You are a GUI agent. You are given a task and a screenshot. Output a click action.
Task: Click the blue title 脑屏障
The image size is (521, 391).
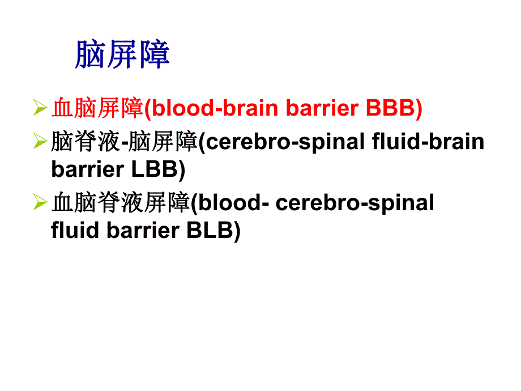(x=122, y=54)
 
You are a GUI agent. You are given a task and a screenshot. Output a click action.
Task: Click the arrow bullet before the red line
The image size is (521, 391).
(x=40, y=107)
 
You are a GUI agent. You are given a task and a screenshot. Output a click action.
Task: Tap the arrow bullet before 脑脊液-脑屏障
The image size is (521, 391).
(x=40, y=141)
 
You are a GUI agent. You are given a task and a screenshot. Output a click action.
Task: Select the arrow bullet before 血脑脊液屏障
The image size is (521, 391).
(x=40, y=201)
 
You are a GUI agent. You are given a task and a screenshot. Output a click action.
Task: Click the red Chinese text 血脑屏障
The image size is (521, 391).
(x=97, y=108)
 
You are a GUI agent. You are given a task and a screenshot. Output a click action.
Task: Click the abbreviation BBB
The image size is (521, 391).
(x=390, y=108)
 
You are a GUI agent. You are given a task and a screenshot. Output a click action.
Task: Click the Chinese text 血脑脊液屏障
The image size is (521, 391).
(x=119, y=202)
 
